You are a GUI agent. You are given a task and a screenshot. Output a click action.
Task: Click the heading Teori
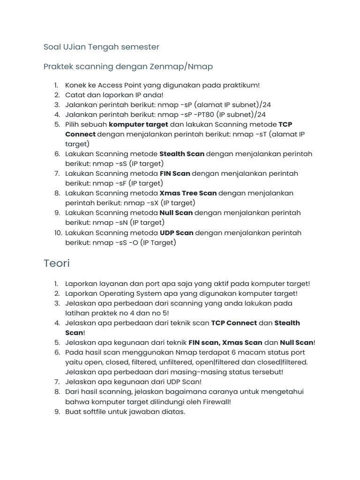coord(56,263)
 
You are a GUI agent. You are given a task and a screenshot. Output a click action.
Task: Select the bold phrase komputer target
coord(138,125)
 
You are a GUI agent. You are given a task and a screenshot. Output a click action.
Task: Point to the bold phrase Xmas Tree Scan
coord(188,193)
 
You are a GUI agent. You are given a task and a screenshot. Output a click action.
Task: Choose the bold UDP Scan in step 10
coord(176,233)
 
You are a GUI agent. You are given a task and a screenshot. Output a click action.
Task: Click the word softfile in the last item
coord(96,412)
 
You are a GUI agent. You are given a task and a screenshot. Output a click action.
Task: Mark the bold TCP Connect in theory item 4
coord(234,323)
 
